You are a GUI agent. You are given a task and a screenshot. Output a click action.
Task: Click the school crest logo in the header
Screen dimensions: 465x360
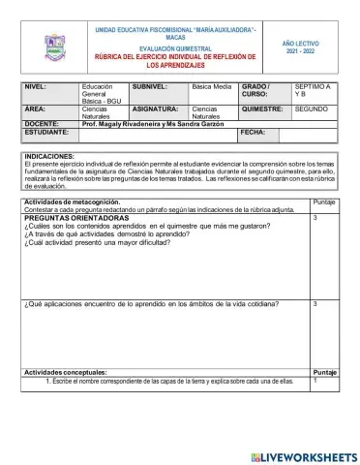point(53,47)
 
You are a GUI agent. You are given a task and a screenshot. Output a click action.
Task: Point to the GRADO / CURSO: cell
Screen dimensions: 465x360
point(259,90)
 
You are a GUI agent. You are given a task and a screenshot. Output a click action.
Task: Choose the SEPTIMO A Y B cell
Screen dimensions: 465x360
point(313,90)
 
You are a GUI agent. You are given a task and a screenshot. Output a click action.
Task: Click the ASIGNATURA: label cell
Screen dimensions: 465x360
point(155,109)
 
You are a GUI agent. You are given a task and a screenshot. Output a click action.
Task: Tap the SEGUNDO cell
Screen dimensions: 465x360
point(312,109)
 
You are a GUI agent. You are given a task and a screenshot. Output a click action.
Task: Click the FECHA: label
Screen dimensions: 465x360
point(253,132)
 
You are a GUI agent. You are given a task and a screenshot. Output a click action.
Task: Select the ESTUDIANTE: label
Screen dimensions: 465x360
point(47,132)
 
